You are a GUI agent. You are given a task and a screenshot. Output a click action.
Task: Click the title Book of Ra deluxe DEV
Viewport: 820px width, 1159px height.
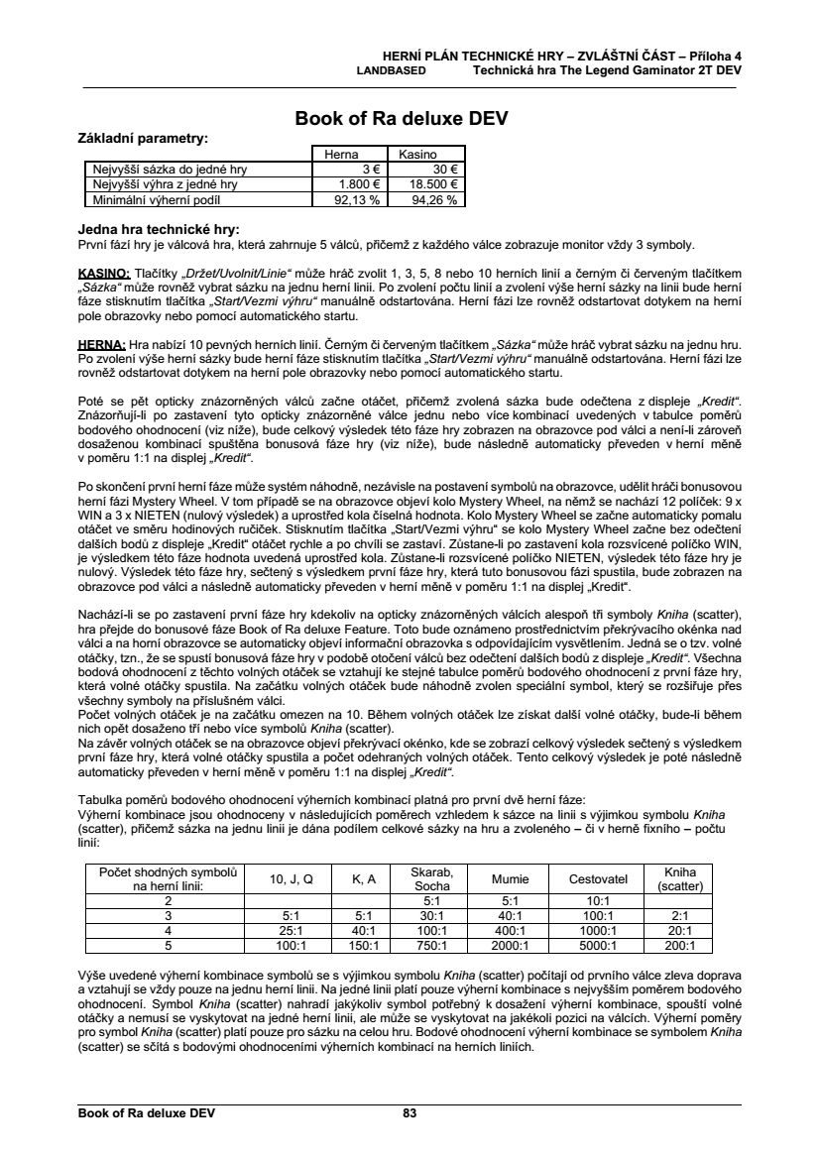tap(402, 119)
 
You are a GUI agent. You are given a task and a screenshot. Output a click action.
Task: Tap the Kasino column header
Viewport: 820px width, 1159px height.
tap(417, 155)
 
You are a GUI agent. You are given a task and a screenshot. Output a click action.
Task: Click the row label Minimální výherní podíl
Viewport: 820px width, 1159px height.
tap(165, 198)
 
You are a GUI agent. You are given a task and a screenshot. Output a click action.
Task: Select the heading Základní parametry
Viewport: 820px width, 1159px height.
tap(143, 137)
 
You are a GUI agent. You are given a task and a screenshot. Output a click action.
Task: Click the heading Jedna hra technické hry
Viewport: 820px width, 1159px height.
tap(159, 229)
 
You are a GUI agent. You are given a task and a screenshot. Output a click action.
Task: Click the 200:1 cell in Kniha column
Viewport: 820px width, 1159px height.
tap(679, 946)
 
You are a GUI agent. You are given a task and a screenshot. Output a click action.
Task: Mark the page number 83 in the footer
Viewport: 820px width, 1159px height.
tap(410, 1113)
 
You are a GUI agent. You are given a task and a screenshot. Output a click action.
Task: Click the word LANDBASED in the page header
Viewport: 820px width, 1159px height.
tap(391, 71)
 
